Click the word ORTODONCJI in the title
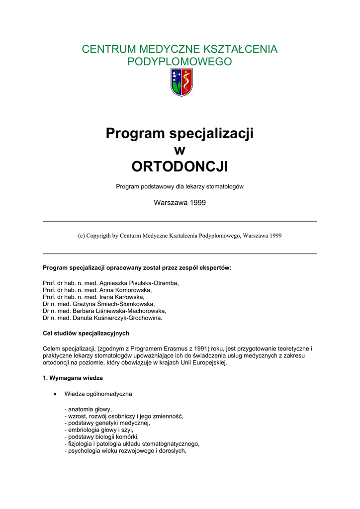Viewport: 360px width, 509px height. point(180,167)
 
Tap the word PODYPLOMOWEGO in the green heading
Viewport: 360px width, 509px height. point(180,62)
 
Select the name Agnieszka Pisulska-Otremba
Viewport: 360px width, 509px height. point(139,283)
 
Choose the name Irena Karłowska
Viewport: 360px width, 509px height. point(122,297)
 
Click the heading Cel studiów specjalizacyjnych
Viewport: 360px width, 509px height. point(86,333)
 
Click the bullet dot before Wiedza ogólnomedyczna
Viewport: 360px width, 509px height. point(55,394)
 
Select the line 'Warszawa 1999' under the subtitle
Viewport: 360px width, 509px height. point(180,203)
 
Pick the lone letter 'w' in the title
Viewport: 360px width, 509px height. point(180,150)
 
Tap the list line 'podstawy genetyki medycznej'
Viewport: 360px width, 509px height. point(107,423)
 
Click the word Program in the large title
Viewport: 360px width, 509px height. point(135,133)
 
